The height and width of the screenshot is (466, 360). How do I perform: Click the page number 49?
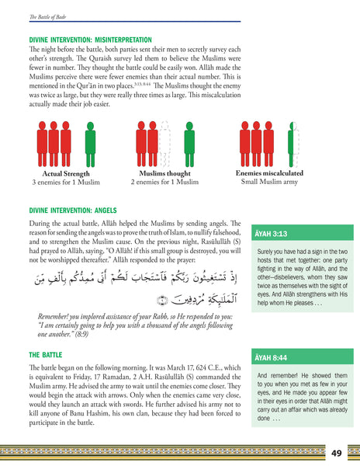pos(336,453)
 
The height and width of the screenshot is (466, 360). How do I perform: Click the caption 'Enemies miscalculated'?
pos(268,173)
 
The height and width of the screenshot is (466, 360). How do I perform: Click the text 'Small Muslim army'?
pos(268,183)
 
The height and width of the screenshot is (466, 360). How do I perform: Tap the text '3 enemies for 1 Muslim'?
pos(61,183)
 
